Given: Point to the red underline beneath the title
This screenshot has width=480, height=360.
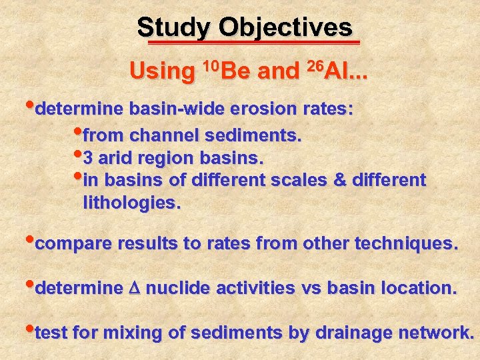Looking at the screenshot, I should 253,43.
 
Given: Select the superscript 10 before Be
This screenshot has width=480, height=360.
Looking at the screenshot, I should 209,65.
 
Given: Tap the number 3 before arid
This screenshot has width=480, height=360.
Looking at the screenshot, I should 89,159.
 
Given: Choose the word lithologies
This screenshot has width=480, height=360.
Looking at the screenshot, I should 131,203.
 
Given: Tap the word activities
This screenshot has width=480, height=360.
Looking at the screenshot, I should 253,289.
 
